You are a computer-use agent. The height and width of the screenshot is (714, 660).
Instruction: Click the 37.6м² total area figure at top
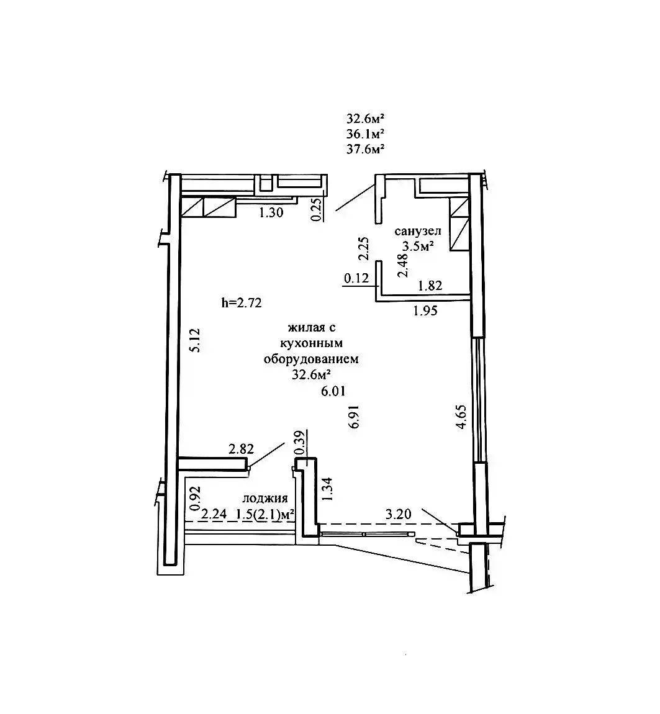[x=365, y=149]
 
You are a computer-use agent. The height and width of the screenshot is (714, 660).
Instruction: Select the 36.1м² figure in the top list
[x=365, y=134]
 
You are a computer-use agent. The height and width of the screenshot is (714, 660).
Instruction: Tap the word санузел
[x=418, y=232]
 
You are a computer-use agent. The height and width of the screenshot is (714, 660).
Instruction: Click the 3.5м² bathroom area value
[x=417, y=246]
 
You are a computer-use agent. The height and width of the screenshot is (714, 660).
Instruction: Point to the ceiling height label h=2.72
[x=242, y=302]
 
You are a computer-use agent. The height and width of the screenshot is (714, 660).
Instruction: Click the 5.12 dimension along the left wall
[x=195, y=340]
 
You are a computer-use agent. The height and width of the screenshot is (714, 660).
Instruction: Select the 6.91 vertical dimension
[x=355, y=417]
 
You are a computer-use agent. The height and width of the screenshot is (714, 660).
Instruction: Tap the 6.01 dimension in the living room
[x=333, y=391]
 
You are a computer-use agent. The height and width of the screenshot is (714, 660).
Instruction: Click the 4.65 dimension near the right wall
[x=461, y=417]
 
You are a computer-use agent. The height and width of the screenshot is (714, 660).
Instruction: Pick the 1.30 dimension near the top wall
[x=271, y=212]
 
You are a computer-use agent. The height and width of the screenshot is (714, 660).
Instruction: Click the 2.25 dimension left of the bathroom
[x=363, y=248]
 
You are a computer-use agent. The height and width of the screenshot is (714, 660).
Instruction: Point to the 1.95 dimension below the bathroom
[x=425, y=311]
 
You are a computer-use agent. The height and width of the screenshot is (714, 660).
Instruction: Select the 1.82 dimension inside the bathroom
[x=430, y=286]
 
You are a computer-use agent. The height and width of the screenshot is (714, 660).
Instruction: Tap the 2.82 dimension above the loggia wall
[x=241, y=449]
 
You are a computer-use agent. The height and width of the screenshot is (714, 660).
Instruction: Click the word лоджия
[x=265, y=498]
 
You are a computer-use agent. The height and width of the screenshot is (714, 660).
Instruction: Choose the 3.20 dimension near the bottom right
[x=398, y=515]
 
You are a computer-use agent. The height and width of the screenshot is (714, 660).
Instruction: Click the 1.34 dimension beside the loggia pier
[x=327, y=489]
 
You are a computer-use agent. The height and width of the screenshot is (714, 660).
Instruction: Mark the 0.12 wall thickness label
[x=356, y=278]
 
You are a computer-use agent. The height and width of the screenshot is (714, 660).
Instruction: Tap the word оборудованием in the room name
[x=311, y=359]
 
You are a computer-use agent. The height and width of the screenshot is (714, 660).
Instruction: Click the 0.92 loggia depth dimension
[x=196, y=498]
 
